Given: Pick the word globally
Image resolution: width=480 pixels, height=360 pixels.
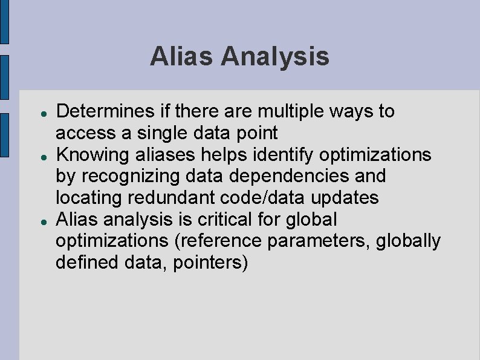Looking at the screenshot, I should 408,241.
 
